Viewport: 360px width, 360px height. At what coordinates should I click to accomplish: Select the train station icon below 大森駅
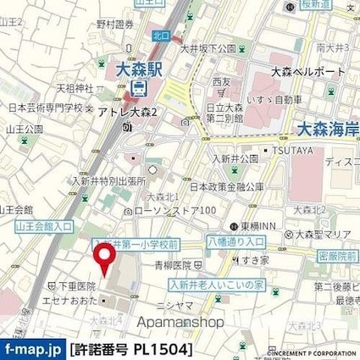click(141, 87)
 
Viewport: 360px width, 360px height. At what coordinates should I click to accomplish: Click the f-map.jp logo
click(32, 348)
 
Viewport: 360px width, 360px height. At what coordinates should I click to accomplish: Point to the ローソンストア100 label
click(173, 210)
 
